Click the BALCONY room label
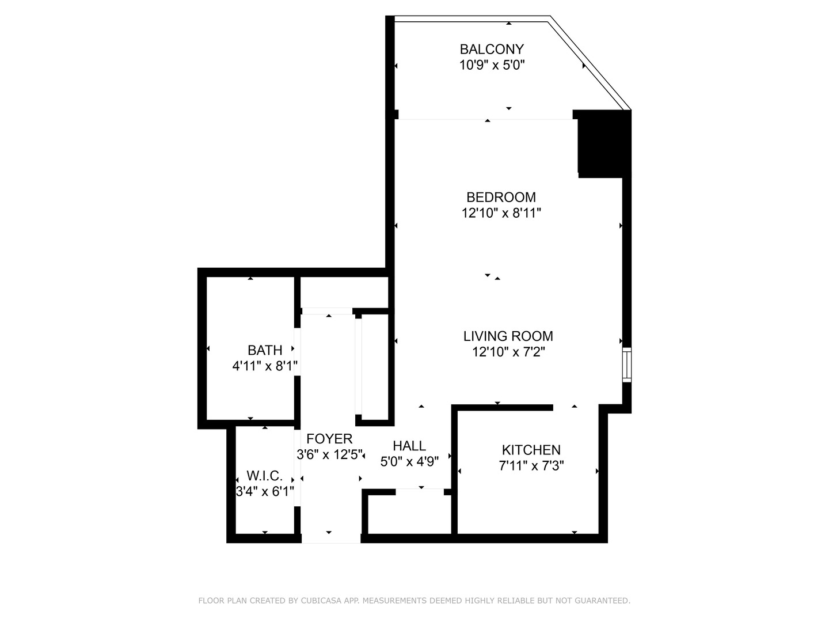click(x=492, y=49)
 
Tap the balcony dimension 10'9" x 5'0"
click(x=492, y=65)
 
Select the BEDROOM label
click(x=501, y=198)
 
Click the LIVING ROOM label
click(x=508, y=336)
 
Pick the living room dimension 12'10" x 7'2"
click(x=508, y=352)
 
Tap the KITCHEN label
click(x=531, y=450)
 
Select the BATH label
click(x=265, y=350)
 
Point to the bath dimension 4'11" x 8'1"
click(x=265, y=366)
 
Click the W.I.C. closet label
click(x=265, y=476)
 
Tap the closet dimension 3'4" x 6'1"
click(x=265, y=492)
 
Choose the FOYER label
click(x=329, y=439)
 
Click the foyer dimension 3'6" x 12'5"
click(x=330, y=455)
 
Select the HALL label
click(x=409, y=446)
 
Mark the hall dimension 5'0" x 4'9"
click(x=409, y=461)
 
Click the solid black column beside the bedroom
click(x=603, y=144)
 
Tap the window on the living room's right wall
click(x=627, y=365)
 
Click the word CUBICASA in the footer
click(x=323, y=601)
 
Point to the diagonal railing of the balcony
click(x=591, y=63)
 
